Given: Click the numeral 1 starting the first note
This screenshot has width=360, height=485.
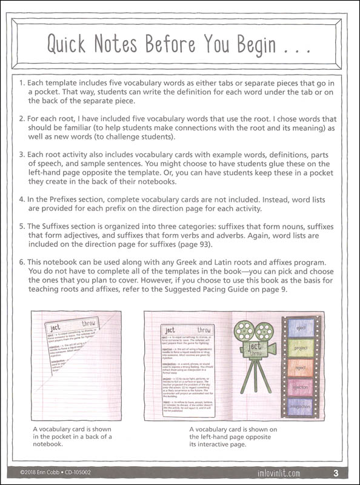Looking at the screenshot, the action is [x=21, y=82].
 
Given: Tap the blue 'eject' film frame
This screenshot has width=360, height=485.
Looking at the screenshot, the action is [x=300, y=329].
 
